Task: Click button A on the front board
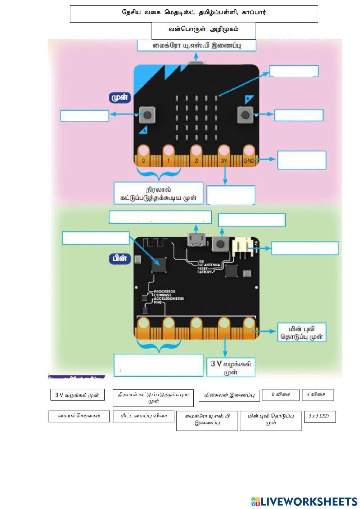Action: [147, 115]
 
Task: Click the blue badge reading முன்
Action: [120, 98]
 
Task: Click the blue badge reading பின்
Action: [120, 258]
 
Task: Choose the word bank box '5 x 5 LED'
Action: [320, 416]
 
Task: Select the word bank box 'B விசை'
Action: [281, 394]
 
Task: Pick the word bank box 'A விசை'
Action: [318, 394]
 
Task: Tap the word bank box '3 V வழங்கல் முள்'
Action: [77, 395]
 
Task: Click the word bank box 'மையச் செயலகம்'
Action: [79, 416]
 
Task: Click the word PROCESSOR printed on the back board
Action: [165, 291]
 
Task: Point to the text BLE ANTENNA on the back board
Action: [209, 265]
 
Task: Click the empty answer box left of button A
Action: [85, 116]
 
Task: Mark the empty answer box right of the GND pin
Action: [302, 160]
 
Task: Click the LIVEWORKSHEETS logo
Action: [304, 501]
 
